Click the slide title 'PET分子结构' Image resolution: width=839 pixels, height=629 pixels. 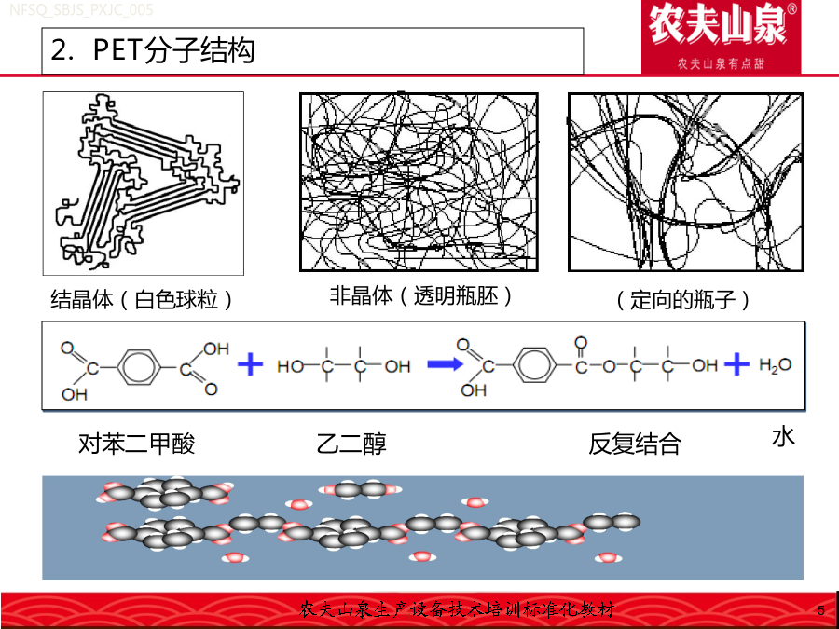173,50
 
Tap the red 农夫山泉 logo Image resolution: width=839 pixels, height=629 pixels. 721,37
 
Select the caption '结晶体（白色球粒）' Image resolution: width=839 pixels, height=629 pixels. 142,299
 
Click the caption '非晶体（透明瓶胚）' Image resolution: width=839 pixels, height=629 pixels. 421,295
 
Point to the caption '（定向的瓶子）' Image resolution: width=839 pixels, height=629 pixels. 682,299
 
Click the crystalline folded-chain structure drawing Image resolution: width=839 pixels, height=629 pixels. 144,183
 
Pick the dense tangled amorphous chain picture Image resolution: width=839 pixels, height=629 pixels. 419,182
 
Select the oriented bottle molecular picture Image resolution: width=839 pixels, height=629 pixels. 685,182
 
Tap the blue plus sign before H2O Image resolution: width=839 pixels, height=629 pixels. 736,364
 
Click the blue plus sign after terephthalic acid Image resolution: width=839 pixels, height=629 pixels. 250,364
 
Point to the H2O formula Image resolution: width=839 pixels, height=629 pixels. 775,364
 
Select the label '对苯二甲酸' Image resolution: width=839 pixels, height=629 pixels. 136,444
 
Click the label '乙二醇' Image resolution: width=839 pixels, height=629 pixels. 351,444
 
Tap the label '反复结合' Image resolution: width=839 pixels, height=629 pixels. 635,444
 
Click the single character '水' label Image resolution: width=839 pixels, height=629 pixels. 783,437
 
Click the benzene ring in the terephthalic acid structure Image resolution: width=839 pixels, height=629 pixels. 139,367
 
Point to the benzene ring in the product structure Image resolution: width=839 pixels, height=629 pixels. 534,365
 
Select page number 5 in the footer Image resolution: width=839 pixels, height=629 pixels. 821,610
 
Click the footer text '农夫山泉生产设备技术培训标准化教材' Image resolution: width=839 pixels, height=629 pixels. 457,609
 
